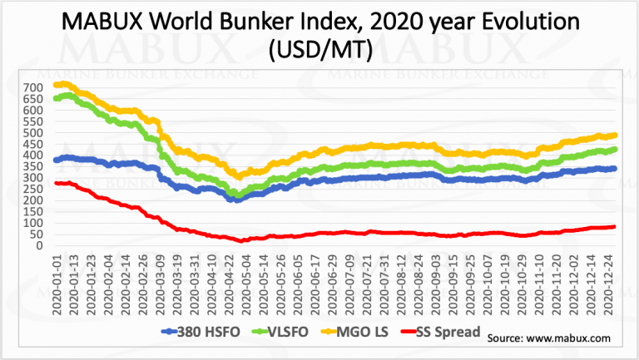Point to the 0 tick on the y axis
(42, 245)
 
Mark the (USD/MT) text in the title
(320, 52)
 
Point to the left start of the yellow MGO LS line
(56, 84)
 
